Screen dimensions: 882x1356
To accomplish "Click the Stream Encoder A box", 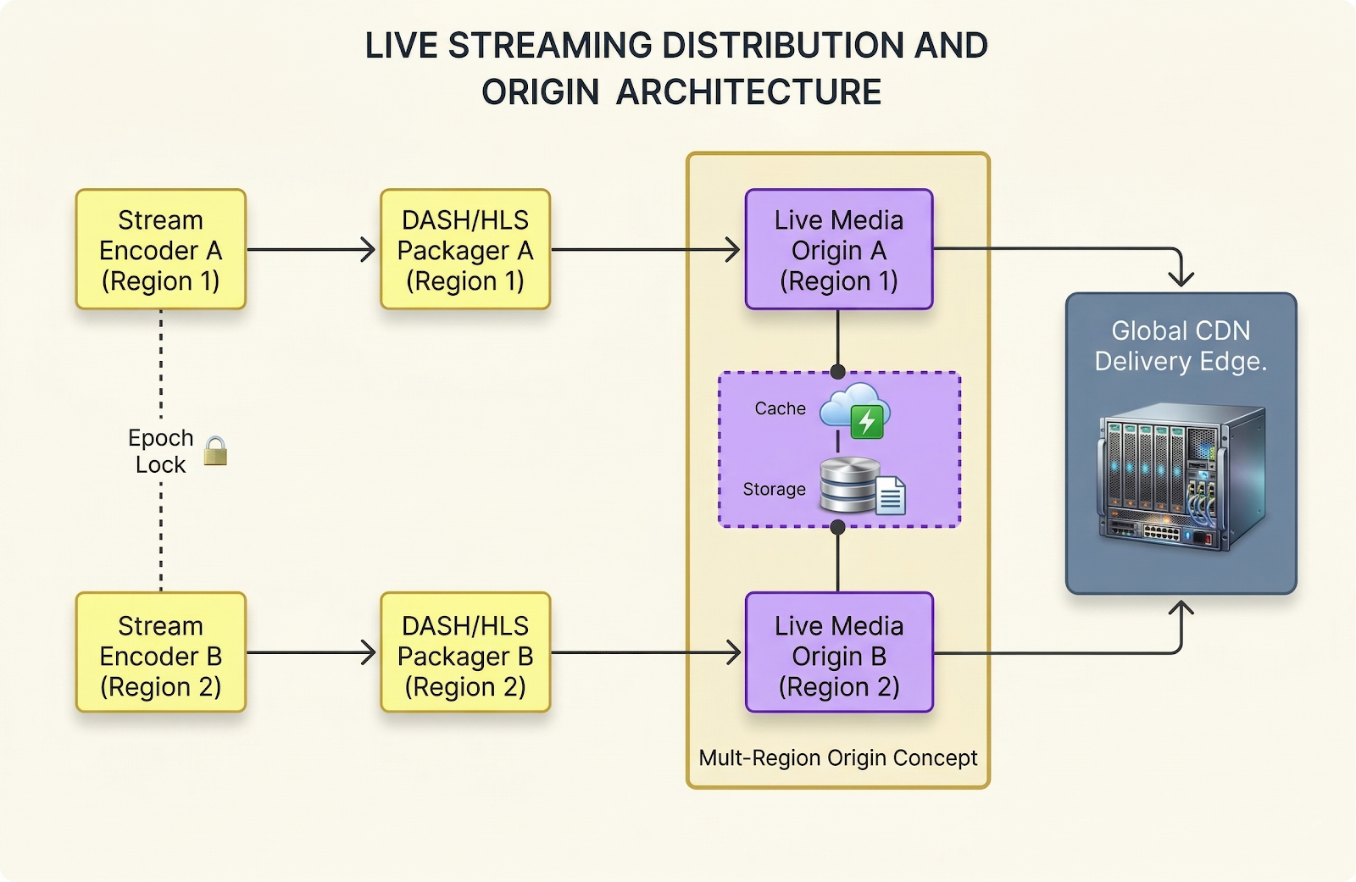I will pos(160,249).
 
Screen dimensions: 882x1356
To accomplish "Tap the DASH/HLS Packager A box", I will pos(465,249).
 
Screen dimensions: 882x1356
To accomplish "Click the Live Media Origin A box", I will pos(838,249).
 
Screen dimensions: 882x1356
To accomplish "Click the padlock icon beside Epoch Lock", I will pos(215,452).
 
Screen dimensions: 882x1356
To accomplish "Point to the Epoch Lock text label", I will pos(160,451).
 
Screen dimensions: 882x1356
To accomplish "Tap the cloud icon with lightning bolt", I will pos(855,410).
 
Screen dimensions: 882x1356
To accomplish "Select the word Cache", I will pos(780,408).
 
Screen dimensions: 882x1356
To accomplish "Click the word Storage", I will pos(774,489).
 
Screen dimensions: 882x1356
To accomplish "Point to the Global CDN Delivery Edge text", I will pos(1181,346).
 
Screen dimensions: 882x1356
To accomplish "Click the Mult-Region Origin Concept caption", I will pos(837,757).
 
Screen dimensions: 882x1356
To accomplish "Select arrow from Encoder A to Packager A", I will pos(310,249).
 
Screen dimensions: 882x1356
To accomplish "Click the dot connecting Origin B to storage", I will pos(837,527).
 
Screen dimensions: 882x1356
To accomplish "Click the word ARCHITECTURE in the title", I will pos(748,92).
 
